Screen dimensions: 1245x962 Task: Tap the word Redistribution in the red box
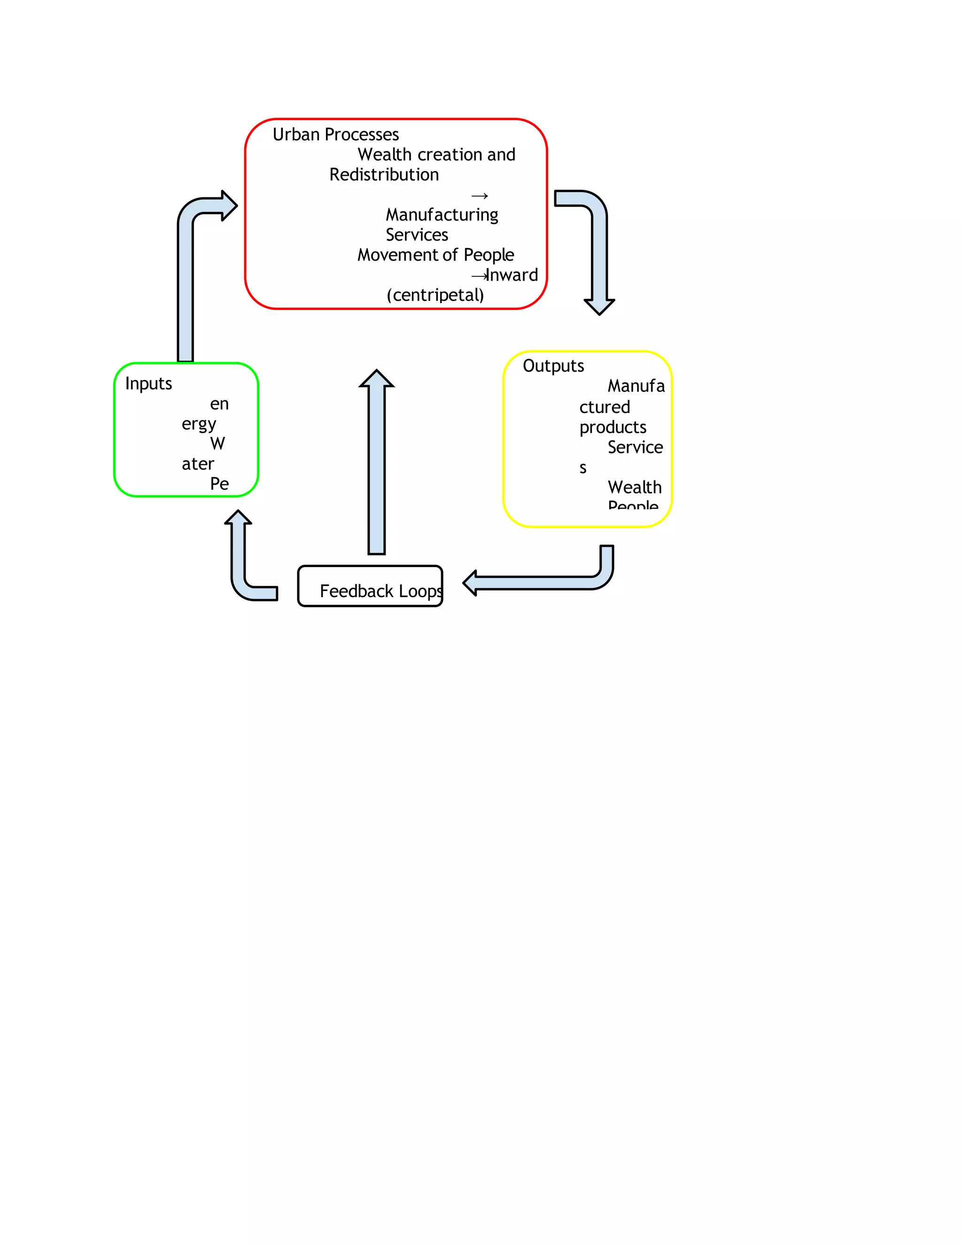point(384,174)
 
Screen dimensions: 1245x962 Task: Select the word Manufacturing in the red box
point(442,215)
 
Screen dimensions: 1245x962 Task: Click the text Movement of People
point(435,255)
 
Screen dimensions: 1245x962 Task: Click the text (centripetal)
point(435,296)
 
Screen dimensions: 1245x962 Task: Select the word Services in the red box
point(417,235)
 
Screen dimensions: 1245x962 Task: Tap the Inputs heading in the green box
point(148,384)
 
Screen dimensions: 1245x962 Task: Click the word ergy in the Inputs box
point(198,424)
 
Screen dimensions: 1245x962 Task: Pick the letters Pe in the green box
point(219,484)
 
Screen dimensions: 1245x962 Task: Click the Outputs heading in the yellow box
point(553,366)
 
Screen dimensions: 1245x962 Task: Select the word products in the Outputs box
point(613,428)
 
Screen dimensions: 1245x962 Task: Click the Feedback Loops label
point(380,591)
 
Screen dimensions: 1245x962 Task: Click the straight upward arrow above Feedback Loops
point(376,462)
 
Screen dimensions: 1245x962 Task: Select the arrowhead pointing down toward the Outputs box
point(599,307)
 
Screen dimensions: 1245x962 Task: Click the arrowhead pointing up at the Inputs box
point(238,518)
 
